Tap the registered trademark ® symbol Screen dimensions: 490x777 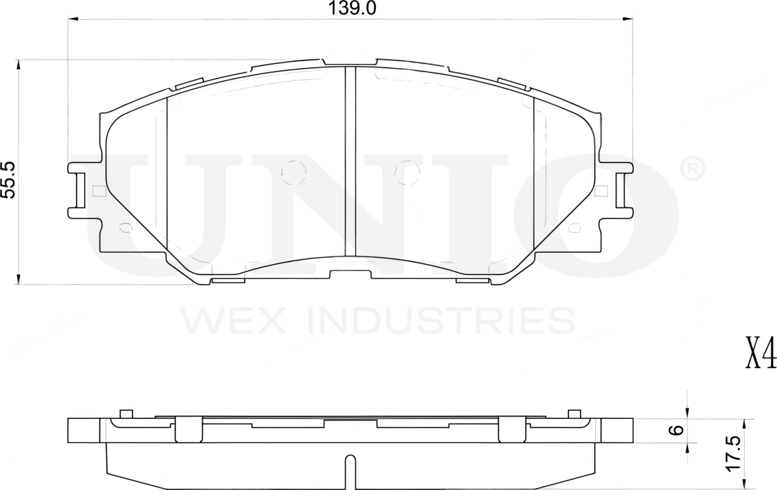pos(693,169)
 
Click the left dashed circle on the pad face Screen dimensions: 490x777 pos(294,172)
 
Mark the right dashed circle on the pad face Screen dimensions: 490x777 pos(407,172)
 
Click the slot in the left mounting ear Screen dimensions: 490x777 pos(79,190)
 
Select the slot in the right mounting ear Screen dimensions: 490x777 pos(620,190)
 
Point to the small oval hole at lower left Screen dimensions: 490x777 pos(125,228)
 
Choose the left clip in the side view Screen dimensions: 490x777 pos(188,428)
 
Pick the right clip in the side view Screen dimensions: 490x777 pos(512,428)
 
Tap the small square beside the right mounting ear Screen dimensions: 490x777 pos(600,191)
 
